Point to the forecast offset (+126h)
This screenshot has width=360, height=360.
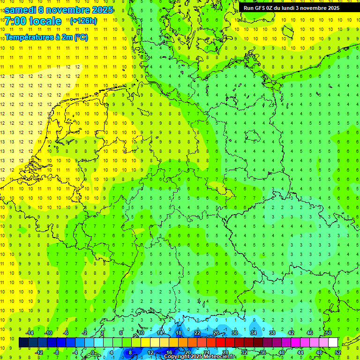83,21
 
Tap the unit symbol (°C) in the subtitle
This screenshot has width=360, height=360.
80,37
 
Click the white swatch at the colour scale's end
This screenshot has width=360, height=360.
333,343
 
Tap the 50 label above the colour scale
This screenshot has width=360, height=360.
328,333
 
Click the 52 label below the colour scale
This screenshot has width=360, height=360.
338,352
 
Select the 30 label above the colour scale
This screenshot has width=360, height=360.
234,333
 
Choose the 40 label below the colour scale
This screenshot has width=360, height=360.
281,352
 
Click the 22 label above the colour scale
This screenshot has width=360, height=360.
197,333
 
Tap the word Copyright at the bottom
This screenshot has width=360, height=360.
177,357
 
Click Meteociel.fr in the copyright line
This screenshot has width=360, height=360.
220,357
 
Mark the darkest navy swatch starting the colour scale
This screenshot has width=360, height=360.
23,343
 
